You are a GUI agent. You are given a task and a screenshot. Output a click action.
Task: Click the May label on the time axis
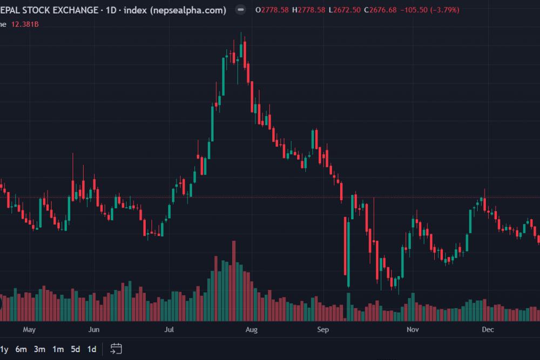coord(29,330)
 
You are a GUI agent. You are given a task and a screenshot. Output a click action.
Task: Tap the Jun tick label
coord(93,330)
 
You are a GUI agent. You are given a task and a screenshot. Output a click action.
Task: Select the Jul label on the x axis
coord(169,330)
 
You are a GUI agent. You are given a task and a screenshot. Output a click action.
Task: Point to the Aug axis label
coord(252,330)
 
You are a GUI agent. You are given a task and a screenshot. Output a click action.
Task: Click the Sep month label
coord(323,330)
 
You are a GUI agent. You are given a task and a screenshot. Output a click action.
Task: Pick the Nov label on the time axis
coord(413,330)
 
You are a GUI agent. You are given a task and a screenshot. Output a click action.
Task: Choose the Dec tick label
coord(488,330)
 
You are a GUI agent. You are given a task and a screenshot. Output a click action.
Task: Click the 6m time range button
coord(21,349)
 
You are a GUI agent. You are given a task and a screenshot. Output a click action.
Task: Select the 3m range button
coord(39,349)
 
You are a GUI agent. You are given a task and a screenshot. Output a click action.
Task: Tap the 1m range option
coord(58,349)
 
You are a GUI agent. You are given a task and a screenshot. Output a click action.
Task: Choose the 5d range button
coord(76,349)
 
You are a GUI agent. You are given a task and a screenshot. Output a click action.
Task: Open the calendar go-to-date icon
coord(116,349)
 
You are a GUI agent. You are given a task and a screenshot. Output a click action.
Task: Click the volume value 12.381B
coord(25,24)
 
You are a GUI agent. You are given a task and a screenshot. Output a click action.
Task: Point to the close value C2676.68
coord(381,10)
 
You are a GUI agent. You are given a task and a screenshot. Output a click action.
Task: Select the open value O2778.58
coord(272,10)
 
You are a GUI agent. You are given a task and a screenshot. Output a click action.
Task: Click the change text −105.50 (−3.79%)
coord(430,10)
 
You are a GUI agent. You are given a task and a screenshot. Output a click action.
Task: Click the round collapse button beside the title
coord(241,10)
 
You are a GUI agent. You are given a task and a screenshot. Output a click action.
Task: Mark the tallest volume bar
coord(234,281)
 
